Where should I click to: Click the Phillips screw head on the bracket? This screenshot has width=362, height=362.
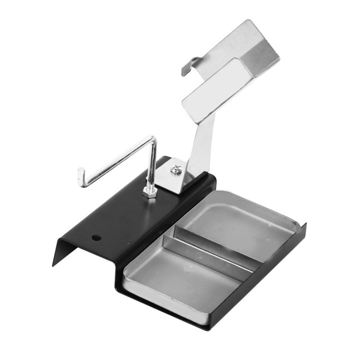pos(176,169)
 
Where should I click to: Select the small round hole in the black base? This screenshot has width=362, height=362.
pos(96,238)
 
